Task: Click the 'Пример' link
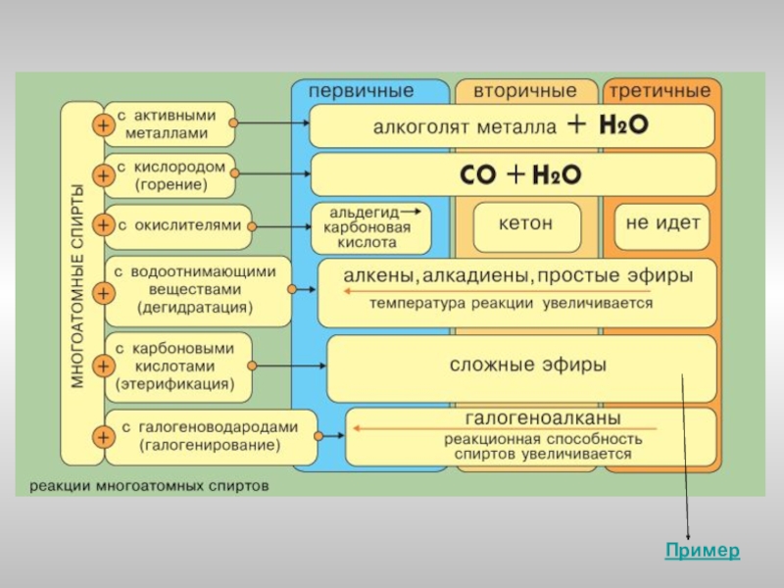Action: (703, 551)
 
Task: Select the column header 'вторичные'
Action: (525, 91)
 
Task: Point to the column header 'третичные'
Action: (661, 91)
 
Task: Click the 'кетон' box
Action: (525, 223)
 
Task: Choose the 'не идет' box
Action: (662, 223)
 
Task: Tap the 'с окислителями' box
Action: (178, 225)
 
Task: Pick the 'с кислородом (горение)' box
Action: (171, 175)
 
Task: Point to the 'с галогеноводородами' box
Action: (210, 436)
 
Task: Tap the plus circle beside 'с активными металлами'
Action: (102, 124)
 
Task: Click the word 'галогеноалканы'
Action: (528, 416)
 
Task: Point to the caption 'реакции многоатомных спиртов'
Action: (148, 484)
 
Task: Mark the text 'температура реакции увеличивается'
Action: (511, 304)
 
